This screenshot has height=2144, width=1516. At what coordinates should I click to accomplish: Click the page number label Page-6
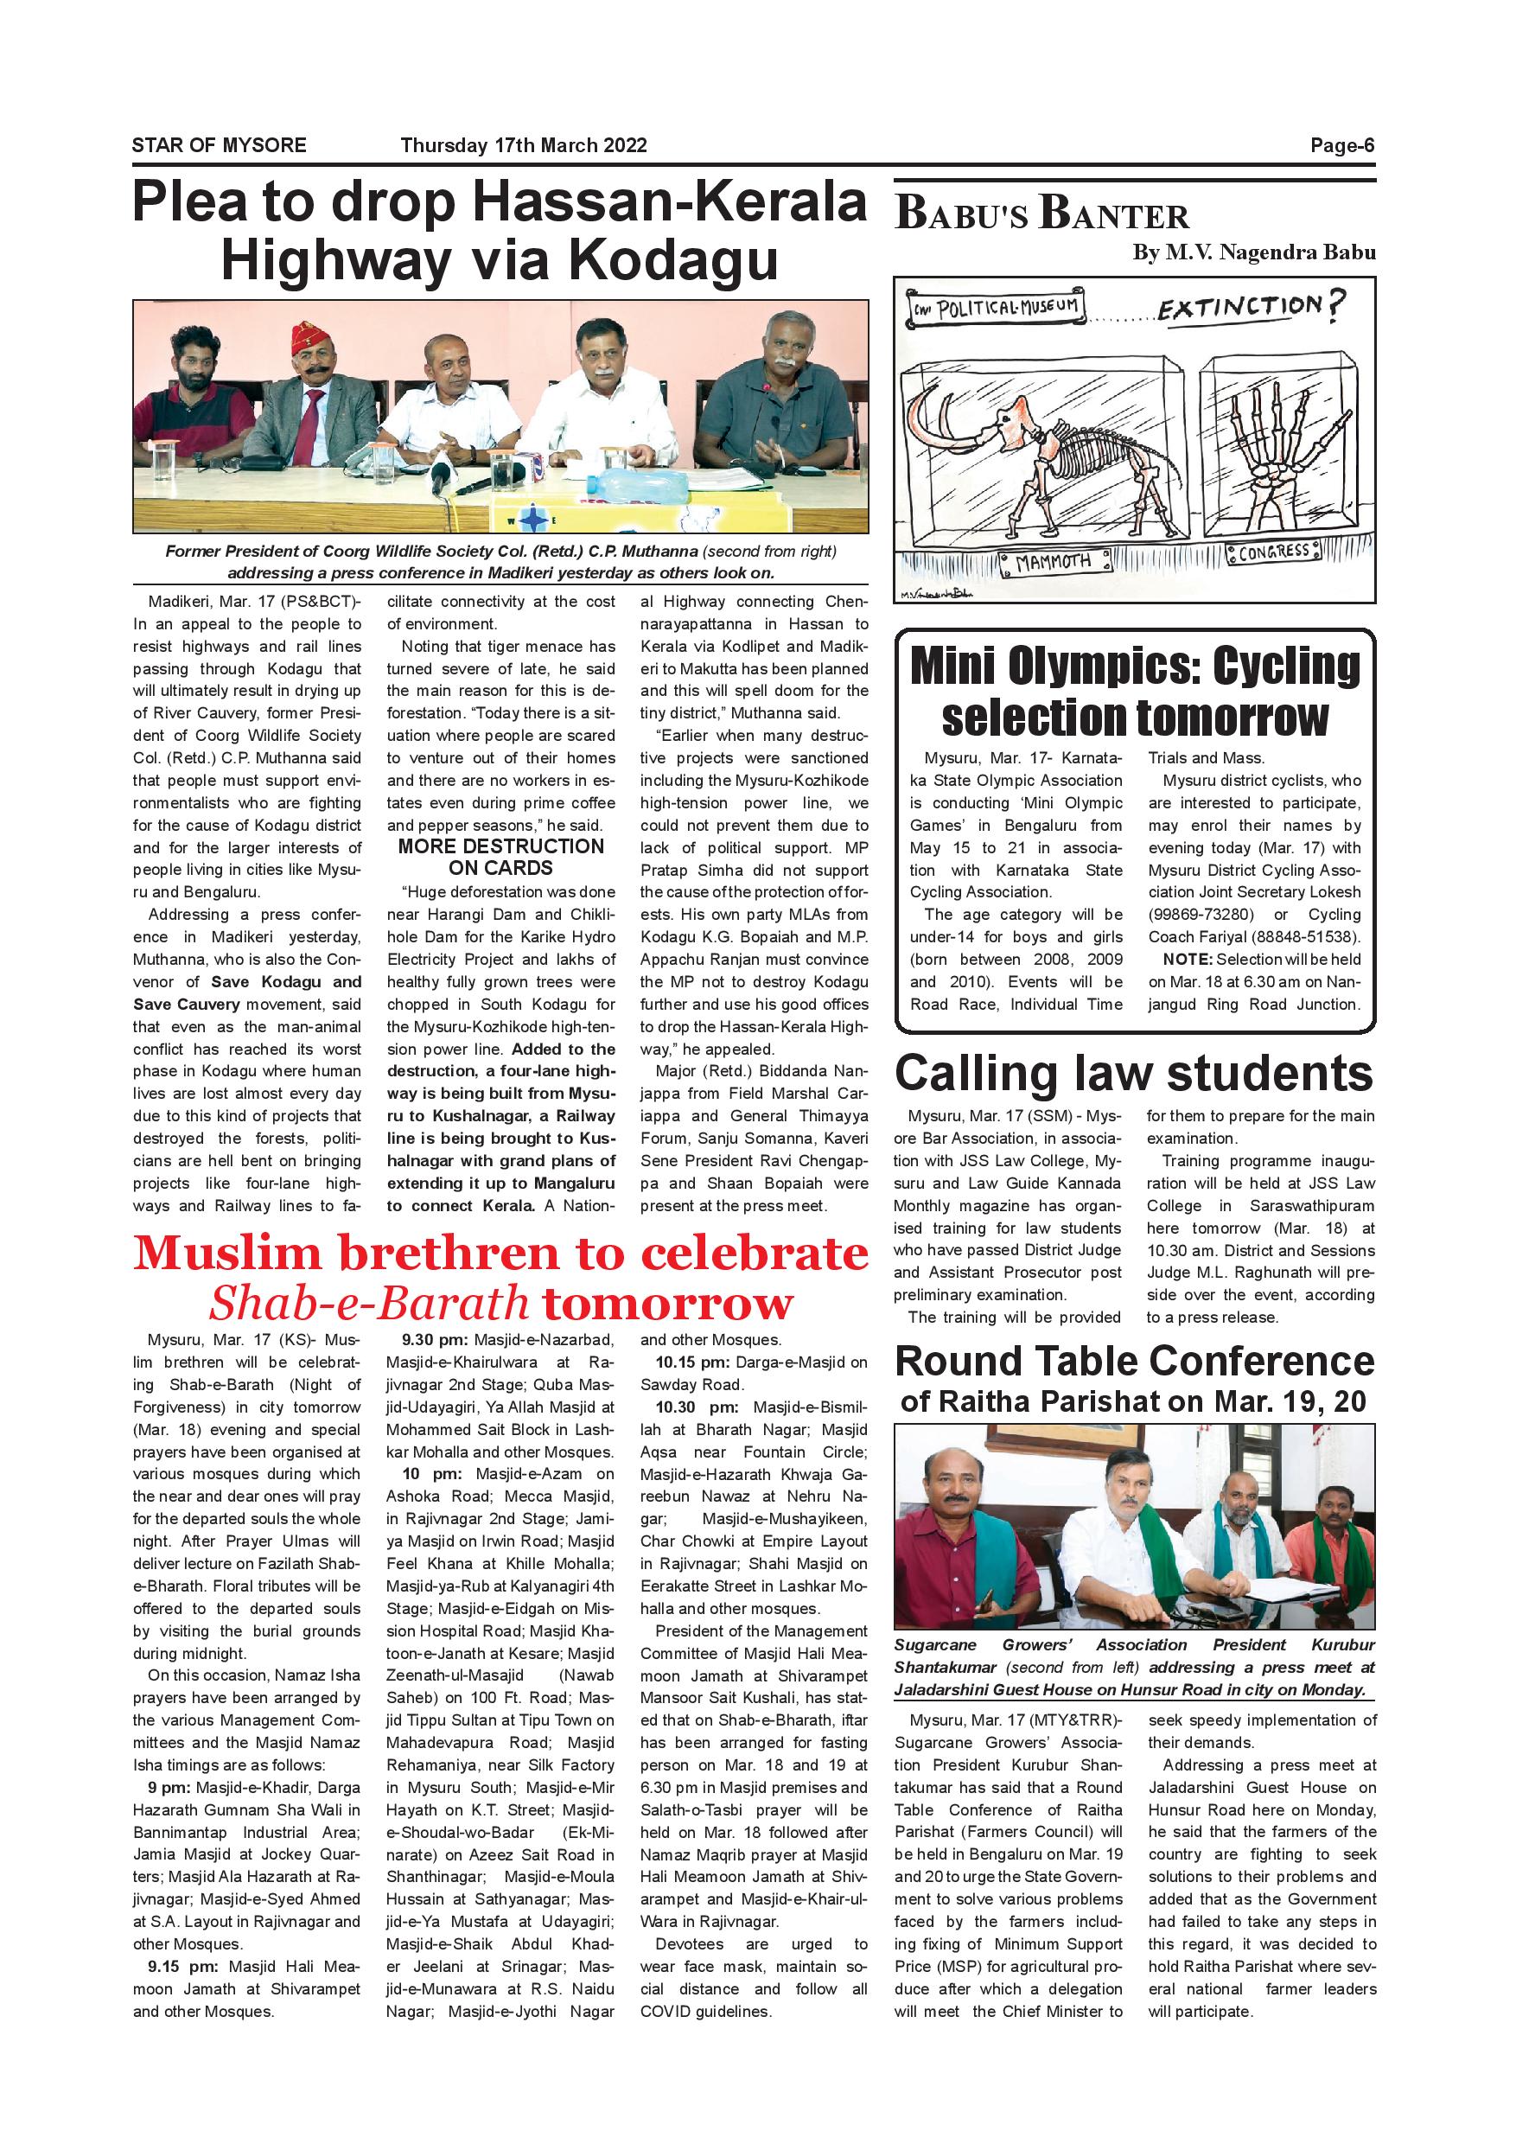click(x=1341, y=146)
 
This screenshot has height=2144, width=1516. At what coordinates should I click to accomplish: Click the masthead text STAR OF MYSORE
click(x=219, y=146)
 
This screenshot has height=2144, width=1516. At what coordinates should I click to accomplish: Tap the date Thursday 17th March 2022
click(x=524, y=146)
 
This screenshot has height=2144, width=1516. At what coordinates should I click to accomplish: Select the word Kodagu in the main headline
click(x=673, y=260)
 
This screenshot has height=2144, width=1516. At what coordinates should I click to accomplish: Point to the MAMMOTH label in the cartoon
click(x=1053, y=562)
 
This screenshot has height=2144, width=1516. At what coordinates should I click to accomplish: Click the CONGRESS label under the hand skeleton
click(x=1274, y=552)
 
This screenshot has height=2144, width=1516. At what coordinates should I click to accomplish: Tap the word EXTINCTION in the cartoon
click(x=1239, y=307)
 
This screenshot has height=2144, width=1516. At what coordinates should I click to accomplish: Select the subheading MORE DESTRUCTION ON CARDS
click(x=501, y=856)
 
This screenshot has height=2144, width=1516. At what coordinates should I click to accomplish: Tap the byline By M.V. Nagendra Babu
click(x=1252, y=252)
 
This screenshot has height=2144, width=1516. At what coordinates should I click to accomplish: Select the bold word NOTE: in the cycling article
click(x=1188, y=959)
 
